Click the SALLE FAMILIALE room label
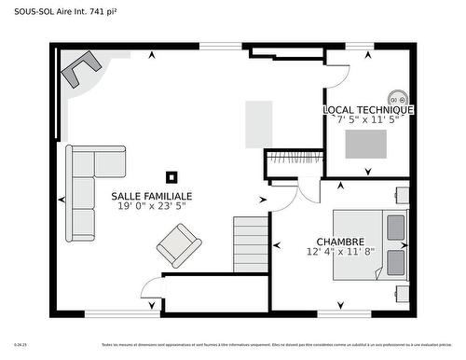(x=152, y=196)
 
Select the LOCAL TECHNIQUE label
(x=368, y=110)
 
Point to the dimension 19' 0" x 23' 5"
(x=152, y=206)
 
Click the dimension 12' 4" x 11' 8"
(x=339, y=251)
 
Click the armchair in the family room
(x=178, y=247)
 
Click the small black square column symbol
(x=171, y=175)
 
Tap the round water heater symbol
(x=397, y=99)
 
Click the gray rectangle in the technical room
(x=366, y=144)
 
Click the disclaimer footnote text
(x=280, y=344)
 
